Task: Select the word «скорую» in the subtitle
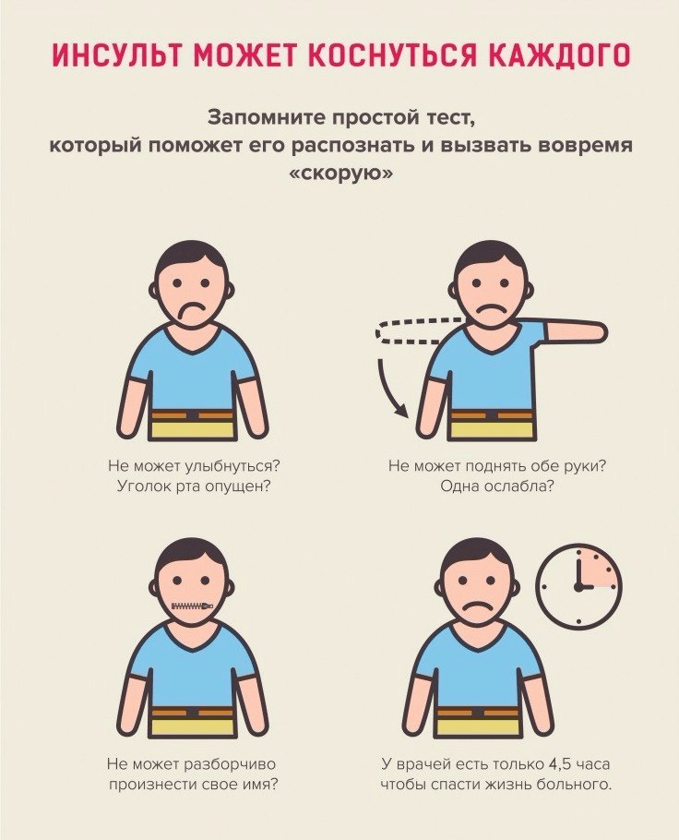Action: pyautogui.click(x=339, y=175)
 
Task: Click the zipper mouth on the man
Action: pyautogui.click(x=192, y=606)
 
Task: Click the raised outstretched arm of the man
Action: pyautogui.click(x=574, y=330)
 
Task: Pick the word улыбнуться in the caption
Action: pyautogui.click(x=232, y=465)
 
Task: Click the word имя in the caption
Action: pyautogui.click(x=261, y=785)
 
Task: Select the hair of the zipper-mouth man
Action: pyautogui.click(x=192, y=554)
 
